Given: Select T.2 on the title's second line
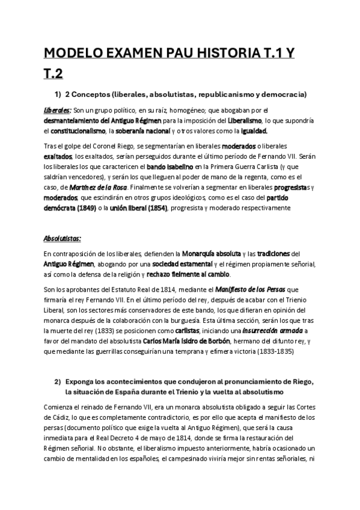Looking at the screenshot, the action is [x=53, y=75].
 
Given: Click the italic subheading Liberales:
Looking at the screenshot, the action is [x=58, y=111].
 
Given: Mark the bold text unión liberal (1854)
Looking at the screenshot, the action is [x=140, y=208].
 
